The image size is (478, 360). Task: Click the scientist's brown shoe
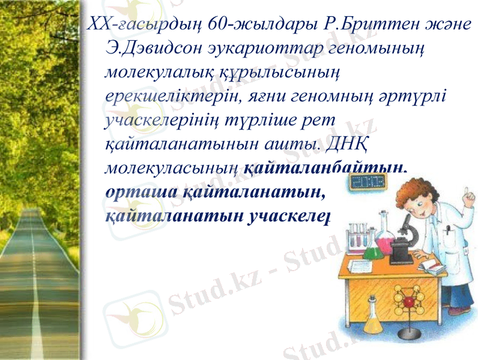click(x=459, y=310)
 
